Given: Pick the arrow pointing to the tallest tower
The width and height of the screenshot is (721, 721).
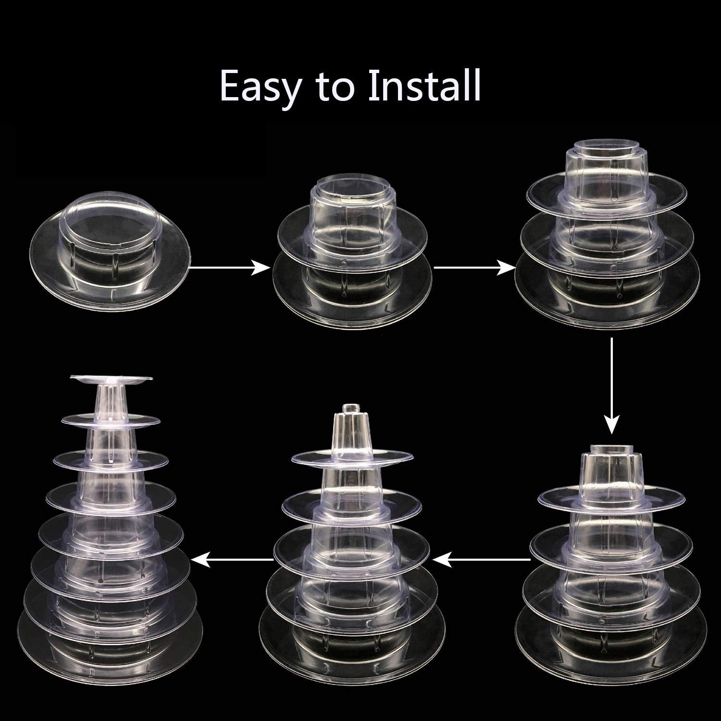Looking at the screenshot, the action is coord(233,559).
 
